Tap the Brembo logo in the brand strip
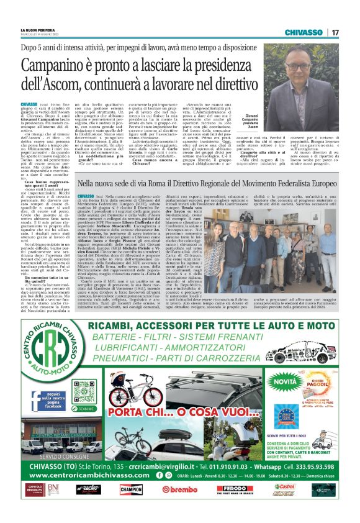[179, 489]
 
